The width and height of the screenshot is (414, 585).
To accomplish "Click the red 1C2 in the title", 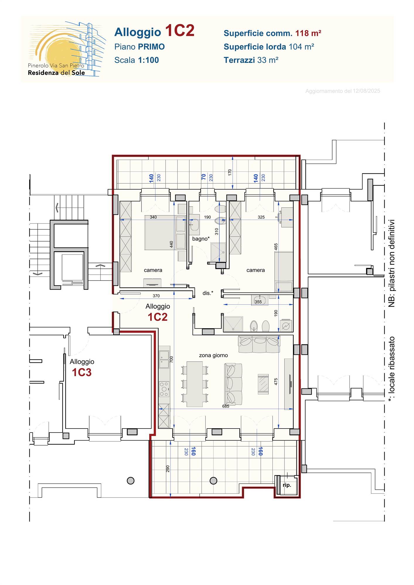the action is click(180, 31).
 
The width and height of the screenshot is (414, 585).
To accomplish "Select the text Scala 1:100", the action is click(137, 60).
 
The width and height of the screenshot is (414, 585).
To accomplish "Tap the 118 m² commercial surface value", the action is click(308, 33).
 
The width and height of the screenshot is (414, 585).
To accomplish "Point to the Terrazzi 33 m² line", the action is click(251, 60).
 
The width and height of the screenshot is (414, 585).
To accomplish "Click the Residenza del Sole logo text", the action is click(56, 73).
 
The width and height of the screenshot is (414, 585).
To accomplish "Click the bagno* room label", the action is click(201, 239).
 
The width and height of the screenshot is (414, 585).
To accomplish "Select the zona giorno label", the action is click(213, 355).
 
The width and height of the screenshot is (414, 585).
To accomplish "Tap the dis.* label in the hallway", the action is click(208, 293).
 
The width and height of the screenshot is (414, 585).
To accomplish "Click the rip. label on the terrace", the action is click(287, 485).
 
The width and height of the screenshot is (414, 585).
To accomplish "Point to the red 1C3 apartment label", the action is click(82, 372).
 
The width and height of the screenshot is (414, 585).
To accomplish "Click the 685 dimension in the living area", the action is click(226, 406).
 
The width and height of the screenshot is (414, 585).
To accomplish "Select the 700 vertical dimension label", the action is click(171, 359).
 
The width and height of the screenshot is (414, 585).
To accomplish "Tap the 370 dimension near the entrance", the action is click(156, 296).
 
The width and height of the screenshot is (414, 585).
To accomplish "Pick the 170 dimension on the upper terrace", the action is click(230, 172).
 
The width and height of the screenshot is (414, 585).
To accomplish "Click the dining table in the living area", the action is click(195, 384).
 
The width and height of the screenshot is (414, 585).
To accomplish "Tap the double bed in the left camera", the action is click(165, 233).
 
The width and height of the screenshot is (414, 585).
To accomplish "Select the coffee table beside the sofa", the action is click(263, 384).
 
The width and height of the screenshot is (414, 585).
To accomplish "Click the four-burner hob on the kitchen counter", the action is click(164, 389).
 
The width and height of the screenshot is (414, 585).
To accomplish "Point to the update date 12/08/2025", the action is click(366, 91).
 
